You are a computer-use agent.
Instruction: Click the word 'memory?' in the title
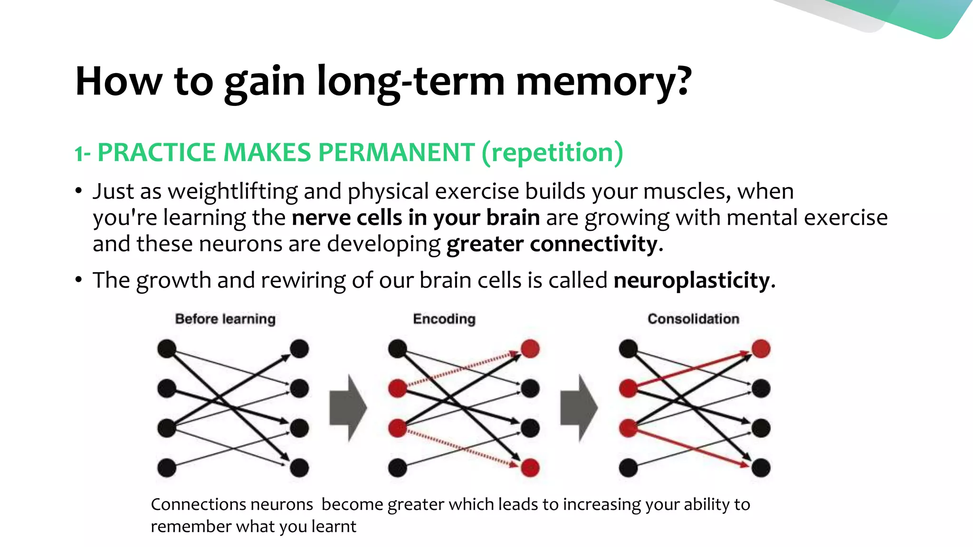pos(603,82)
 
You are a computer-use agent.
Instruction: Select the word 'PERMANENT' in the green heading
pos(396,153)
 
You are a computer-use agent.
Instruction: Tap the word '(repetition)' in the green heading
pos(552,153)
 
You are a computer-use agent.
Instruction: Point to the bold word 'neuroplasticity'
pos(691,280)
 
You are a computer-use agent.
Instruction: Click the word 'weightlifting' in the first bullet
pos(233,191)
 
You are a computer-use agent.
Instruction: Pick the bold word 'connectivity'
pos(593,244)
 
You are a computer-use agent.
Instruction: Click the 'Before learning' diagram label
pos(225,319)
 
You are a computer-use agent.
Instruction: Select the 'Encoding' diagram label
pos(444,319)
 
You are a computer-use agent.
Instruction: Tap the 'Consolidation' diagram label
pos(693,319)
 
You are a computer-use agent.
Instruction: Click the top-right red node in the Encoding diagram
pos(530,349)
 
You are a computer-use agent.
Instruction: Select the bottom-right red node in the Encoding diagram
pos(530,468)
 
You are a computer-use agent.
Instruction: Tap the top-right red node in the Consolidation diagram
pos(761,349)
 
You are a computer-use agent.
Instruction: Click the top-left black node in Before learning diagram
pos(167,349)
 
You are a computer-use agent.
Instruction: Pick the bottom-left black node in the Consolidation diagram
pos(628,468)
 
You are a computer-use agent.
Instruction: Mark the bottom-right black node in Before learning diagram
pos(299,468)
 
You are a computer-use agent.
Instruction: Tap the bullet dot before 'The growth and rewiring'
pos(79,280)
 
